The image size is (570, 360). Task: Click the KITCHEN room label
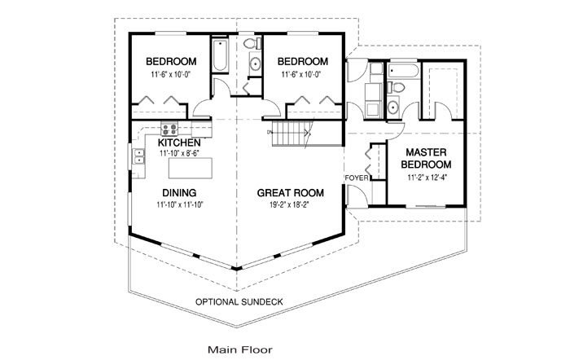(179, 143)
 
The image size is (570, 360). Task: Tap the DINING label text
(179, 193)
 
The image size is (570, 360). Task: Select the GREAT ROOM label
(291, 193)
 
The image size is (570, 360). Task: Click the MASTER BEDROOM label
(426, 158)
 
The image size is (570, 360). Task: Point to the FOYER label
(357, 178)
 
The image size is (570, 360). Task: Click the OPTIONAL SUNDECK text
(239, 302)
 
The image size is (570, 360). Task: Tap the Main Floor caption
(240, 349)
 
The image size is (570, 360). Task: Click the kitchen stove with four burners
(169, 129)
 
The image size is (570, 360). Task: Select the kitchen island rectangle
(191, 168)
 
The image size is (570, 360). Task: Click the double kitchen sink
(139, 156)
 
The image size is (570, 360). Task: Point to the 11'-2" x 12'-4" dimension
(427, 178)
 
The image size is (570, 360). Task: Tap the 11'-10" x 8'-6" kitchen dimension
(179, 153)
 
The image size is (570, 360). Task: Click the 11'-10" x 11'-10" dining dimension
(180, 204)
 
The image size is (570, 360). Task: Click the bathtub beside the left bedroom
(221, 55)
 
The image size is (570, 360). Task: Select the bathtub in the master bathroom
(403, 70)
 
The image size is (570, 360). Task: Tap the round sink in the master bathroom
(392, 107)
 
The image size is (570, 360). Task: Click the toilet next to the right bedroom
(252, 44)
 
